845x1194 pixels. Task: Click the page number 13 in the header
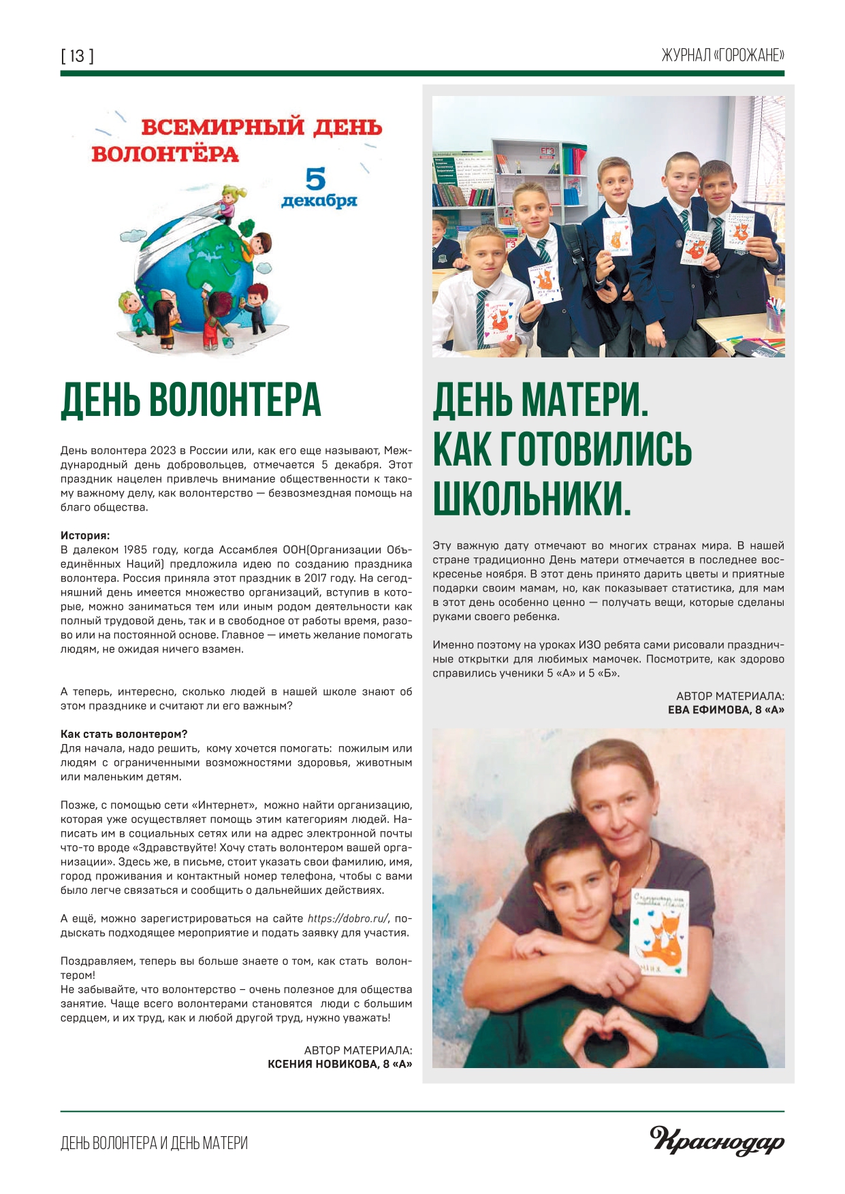[77, 56]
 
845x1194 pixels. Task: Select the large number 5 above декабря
[316, 179]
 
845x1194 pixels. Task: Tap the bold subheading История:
[85, 536]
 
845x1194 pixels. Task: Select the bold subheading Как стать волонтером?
[124, 734]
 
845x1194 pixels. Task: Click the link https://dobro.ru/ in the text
[349, 918]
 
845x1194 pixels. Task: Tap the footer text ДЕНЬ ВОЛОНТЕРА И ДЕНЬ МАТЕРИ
[154, 1143]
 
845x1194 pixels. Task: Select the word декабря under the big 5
[319, 201]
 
